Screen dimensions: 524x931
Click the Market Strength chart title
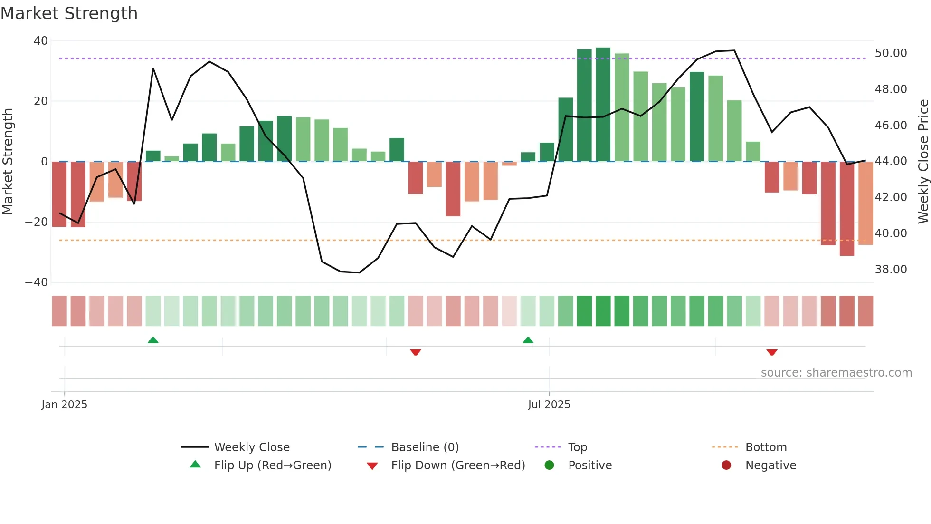pyautogui.click(x=69, y=13)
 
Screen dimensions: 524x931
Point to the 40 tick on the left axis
pyautogui.click(x=41, y=41)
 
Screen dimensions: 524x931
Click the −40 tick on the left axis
pyautogui.click(x=37, y=282)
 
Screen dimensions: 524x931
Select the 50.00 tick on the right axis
pyautogui.click(x=891, y=53)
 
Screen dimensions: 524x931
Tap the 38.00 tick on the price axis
pyautogui.click(x=891, y=270)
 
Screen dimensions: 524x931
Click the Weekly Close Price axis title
pyautogui.click(x=923, y=162)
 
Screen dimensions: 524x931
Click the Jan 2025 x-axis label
pyautogui.click(x=64, y=405)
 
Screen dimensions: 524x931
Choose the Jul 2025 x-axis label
pyautogui.click(x=549, y=405)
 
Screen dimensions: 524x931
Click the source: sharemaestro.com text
pyautogui.click(x=836, y=373)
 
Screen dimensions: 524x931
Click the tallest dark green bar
pyautogui.click(x=603, y=105)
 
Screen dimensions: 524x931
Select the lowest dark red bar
pyautogui.click(x=846, y=209)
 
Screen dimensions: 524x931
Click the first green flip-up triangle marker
pyautogui.click(x=153, y=340)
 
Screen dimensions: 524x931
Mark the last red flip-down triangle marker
pyautogui.click(x=772, y=352)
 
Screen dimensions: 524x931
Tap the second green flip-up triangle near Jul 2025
pyautogui.click(x=528, y=340)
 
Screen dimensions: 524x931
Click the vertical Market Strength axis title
pyautogui.click(x=8, y=162)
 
